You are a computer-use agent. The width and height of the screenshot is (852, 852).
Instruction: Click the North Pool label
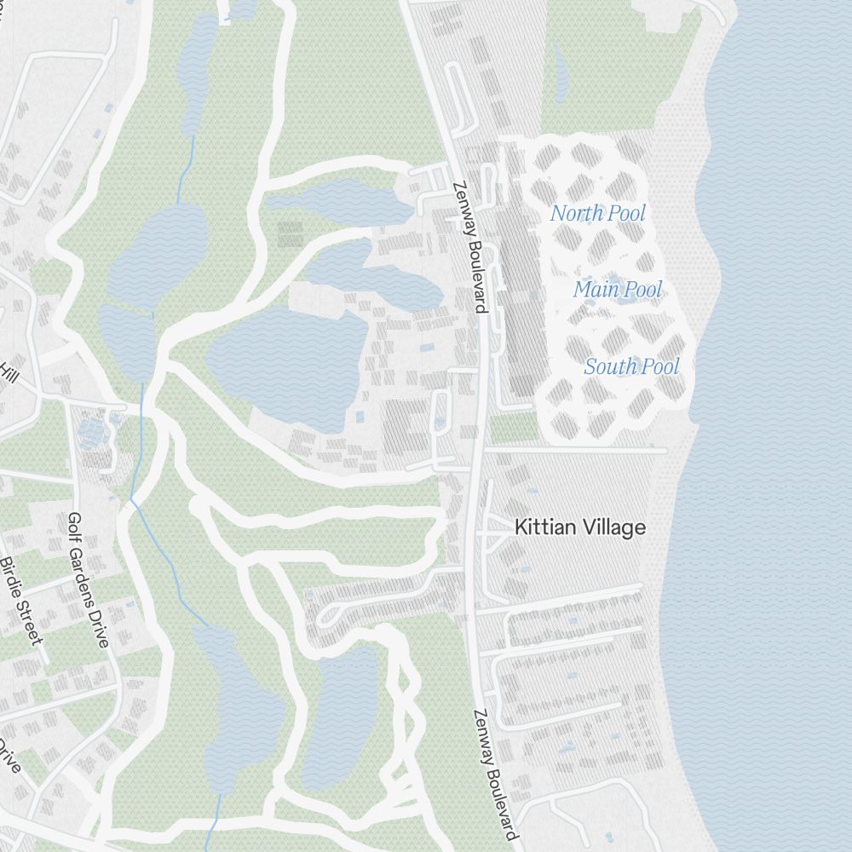[597, 213]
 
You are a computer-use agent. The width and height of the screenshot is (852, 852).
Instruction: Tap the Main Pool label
[617, 290]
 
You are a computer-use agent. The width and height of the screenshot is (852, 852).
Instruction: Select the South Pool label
[631, 366]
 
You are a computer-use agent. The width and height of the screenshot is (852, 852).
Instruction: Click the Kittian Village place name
[579, 527]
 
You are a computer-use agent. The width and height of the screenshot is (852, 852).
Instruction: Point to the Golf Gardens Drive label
[88, 579]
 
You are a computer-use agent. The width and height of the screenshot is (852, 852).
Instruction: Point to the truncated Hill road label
[9, 372]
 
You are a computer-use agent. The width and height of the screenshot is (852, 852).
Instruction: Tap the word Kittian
[542, 527]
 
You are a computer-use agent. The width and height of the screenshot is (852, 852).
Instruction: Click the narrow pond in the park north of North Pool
[559, 68]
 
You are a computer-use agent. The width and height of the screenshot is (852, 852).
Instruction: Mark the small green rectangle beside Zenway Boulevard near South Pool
[514, 427]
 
